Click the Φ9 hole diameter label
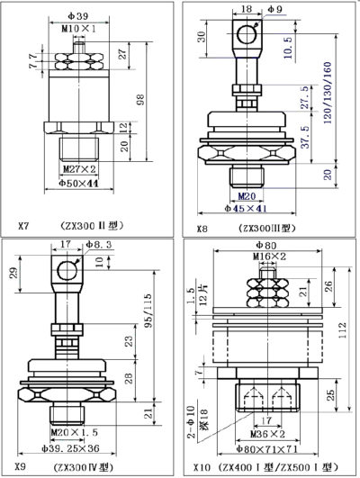(274, 11)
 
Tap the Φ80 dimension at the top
(265, 245)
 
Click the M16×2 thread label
(267, 257)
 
